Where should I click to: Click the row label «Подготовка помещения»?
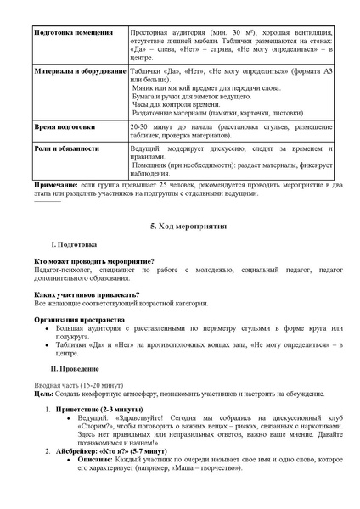pyautogui.click(x=73, y=32)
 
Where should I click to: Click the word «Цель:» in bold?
pyautogui.click(x=43, y=394)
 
